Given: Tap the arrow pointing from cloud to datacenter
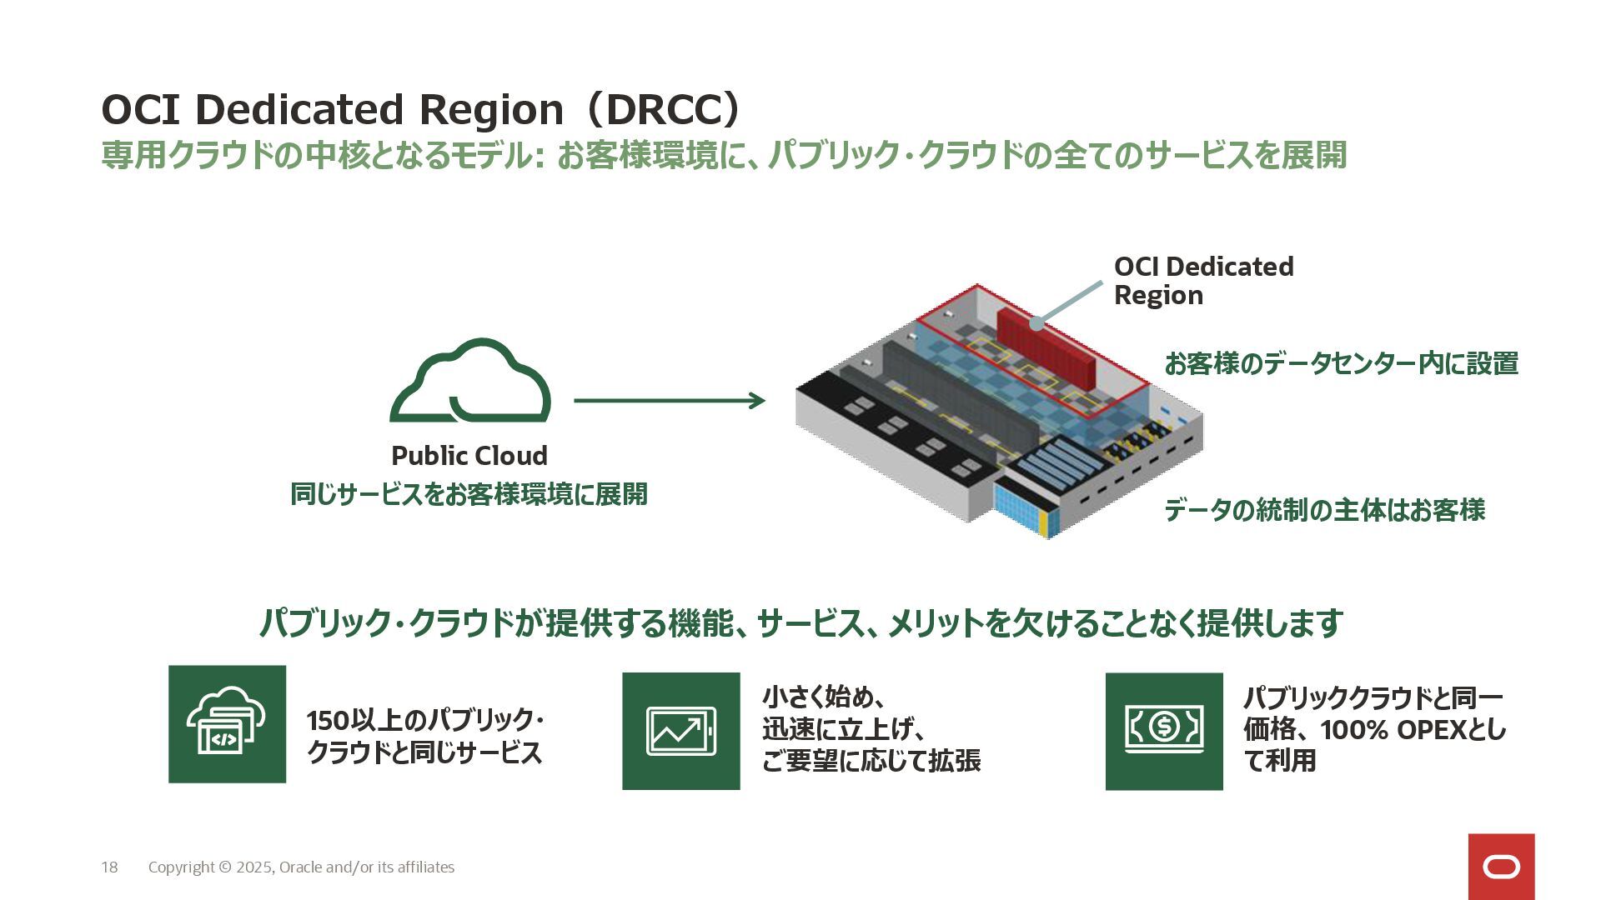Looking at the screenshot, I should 669,401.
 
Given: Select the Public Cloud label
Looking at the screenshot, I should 469,456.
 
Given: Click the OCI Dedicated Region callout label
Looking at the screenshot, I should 1202,281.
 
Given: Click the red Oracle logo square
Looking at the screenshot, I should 1501,867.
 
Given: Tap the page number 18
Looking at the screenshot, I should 109,867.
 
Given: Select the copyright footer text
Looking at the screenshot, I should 301,867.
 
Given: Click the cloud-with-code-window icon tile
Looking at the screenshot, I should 227,724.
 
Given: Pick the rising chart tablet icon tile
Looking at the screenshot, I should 680,731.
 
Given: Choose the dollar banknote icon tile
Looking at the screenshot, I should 1164,731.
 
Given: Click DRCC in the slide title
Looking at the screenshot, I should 659,109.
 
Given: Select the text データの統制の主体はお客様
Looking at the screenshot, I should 1324,510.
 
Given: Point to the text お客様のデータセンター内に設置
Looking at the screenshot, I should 1341,364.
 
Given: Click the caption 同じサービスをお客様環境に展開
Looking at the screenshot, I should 469,494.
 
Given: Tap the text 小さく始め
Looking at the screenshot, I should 816,697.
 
